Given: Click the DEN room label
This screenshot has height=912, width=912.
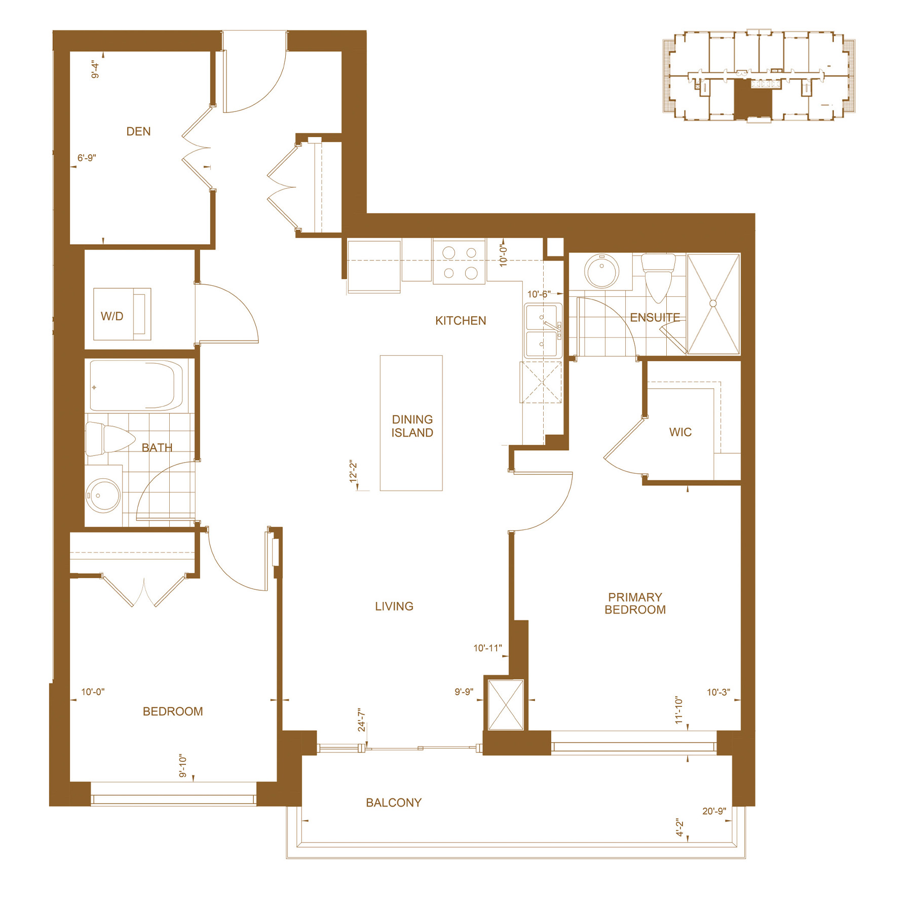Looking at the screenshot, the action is pyautogui.click(x=138, y=132).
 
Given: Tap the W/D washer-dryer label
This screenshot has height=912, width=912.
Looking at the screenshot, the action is pyautogui.click(x=112, y=316).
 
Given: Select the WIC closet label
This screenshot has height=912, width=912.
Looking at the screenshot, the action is pyautogui.click(x=680, y=432).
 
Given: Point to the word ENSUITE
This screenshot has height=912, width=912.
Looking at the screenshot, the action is pyautogui.click(x=655, y=318).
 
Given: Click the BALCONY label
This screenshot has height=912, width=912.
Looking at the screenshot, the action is pyautogui.click(x=394, y=803).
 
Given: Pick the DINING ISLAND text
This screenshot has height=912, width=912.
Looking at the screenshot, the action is pyautogui.click(x=412, y=426).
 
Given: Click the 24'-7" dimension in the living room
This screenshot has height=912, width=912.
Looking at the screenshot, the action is pyautogui.click(x=361, y=720).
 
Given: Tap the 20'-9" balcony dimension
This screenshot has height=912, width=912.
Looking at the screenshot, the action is pyautogui.click(x=714, y=811).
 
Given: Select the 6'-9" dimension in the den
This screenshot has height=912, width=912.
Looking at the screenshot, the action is pyautogui.click(x=87, y=158).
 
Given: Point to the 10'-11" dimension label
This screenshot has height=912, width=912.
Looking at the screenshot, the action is pyautogui.click(x=487, y=648).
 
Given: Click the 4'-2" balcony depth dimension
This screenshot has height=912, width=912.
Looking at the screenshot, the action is pyautogui.click(x=679, y=827).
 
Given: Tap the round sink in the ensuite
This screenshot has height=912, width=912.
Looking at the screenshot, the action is pyautogui.click(x=602, y=271).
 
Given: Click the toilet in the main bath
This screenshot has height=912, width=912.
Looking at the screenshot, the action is pyautogui.click(x=109, y=439).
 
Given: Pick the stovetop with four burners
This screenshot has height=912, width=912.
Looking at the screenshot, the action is pyautogui.click(x=459, y=262).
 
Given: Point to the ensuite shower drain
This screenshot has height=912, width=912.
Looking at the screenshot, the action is pyautogui.click(x=713, y=303).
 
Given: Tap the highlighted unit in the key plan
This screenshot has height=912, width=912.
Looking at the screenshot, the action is pyautogui.click(x=753, y=99).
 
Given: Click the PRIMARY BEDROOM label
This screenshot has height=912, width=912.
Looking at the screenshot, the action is pyautogui.click(x=635, y=603).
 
